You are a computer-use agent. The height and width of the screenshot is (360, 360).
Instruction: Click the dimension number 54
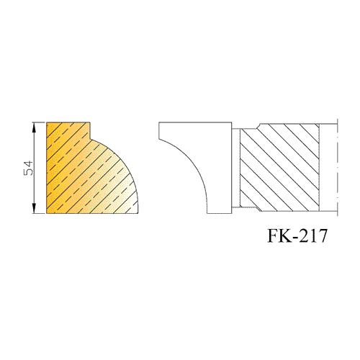pos(28,168)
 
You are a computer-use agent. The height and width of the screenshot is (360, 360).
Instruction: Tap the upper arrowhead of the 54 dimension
pos(34,127)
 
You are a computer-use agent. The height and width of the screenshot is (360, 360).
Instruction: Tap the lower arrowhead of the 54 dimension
pos(34,208)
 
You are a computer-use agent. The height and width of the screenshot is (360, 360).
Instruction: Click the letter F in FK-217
pos(274,235)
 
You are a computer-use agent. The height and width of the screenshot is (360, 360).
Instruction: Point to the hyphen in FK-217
pos(296,238)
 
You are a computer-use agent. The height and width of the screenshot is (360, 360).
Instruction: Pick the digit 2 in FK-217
pos(304,235)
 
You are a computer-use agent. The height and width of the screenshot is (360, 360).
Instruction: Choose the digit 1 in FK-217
pos(313,235)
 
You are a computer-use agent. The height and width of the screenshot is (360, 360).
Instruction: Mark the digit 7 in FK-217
pos(323,235)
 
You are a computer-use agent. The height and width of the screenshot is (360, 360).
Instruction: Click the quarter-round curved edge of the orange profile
pos(122,159)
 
